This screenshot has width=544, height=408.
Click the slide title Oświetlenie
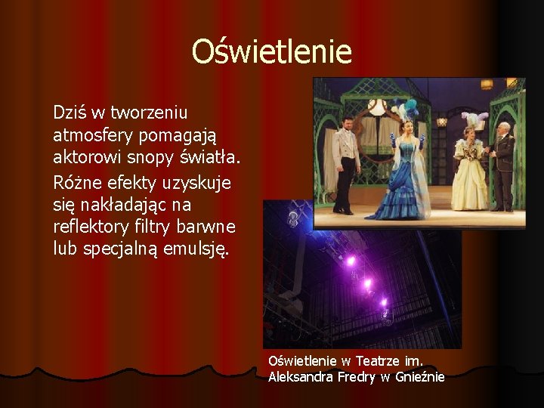tap(271, 52)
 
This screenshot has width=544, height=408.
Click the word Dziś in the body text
tap(69, 113)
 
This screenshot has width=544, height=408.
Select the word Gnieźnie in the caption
tap(420, 376)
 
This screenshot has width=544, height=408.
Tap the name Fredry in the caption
tap(356, 376)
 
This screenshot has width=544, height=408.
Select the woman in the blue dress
tap(409, 170)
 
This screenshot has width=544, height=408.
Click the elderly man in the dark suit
tap(502, 165)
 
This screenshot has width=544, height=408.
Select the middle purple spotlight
tap(368, 285)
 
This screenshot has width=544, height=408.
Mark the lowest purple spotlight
tap(383, 304)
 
